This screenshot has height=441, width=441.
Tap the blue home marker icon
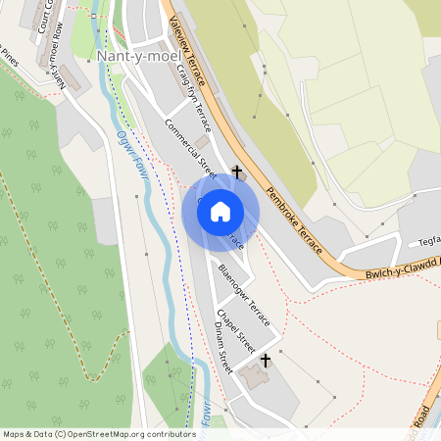[220, 211]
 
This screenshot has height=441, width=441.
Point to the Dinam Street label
[223, 348]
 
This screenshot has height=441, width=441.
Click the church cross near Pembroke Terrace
[236, 172]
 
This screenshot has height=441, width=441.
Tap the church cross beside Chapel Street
[265, 362]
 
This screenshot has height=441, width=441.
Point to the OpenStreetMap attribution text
[98, 434]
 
